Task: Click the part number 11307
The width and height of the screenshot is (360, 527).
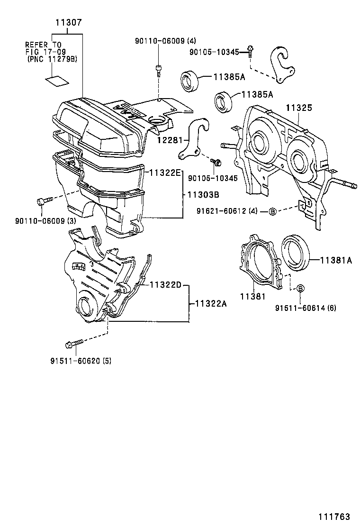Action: [x=68, y=22]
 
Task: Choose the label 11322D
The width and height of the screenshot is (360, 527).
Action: [x=166, y=285]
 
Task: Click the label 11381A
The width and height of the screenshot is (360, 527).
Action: [x=336, y=260]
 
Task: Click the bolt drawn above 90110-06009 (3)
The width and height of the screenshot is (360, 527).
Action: [x=42, y=201]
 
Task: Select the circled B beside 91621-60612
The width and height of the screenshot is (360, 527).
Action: [x=272, y=211]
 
